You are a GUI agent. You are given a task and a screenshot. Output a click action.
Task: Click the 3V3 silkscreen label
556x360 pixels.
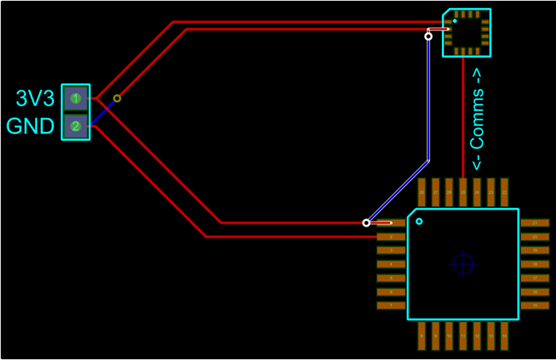36,99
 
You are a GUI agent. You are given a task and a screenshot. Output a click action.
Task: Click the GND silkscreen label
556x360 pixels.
31,126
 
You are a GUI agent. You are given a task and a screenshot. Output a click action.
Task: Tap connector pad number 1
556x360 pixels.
76,98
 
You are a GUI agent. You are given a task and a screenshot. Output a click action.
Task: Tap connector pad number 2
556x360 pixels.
76,126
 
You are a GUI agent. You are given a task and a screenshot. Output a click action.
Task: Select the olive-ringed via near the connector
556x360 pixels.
117,98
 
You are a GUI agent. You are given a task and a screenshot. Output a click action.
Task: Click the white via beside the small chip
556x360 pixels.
428,36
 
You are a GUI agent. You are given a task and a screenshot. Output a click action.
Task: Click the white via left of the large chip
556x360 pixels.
366,222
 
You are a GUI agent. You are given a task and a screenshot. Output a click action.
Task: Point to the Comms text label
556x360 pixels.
477,119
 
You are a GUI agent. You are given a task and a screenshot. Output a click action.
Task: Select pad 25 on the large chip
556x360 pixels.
463,192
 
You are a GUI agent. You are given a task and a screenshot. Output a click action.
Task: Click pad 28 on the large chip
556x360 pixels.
421,192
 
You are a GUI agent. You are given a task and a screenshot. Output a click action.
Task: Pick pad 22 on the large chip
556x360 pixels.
504,192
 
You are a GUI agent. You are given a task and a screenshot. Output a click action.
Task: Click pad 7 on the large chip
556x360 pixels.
391,305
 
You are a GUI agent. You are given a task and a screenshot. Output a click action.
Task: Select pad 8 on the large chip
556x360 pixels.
421,336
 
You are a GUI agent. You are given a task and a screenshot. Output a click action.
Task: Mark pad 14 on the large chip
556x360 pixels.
504,336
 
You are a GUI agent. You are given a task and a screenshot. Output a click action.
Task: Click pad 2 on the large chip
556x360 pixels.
391,236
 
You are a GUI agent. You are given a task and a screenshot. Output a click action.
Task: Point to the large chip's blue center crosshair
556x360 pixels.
463,264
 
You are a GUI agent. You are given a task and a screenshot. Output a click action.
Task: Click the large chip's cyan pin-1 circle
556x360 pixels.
419,221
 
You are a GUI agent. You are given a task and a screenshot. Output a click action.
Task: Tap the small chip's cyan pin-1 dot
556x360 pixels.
454,21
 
